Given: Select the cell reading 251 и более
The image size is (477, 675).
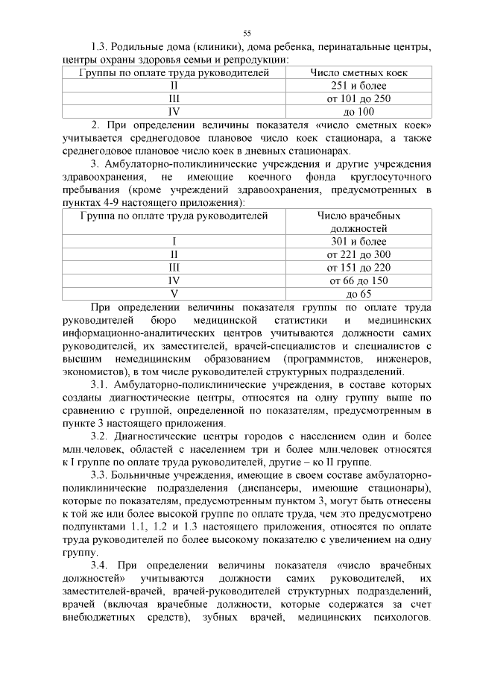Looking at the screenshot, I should [x=358, y=86].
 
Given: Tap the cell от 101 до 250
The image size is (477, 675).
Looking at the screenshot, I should [x=358, y=98].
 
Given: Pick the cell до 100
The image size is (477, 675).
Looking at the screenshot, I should [x=358, y=111].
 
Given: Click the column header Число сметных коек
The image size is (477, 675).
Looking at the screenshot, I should [x=358, y=73].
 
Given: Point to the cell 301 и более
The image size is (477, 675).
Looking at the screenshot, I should [x=358, y=242].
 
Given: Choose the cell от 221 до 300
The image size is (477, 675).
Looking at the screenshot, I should [x=358, y=254].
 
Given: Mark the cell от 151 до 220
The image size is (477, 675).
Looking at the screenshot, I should [x=358, y=267].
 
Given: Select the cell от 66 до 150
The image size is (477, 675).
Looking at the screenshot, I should [x=358, y=280].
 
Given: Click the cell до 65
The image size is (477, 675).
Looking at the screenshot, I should [x=358, y=293].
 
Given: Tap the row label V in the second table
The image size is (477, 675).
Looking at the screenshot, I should [x=174, y=293].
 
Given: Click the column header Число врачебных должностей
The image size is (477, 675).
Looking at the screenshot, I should [x=358, y=222].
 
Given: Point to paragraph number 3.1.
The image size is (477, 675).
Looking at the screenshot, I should [x=100, y=384].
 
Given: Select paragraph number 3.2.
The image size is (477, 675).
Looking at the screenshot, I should [x=100, y=436].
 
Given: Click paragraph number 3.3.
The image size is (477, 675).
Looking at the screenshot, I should [x=100, y=474].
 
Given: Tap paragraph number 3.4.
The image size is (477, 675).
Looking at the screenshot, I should [x=101, y=565].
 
